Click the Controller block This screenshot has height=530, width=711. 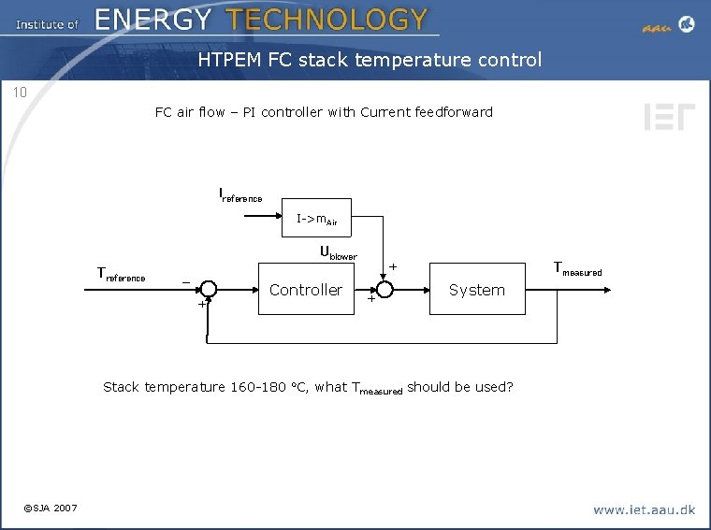pyautogui.click(x=305, y=290)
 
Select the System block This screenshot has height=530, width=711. pyautogui.click(x=476, y=290)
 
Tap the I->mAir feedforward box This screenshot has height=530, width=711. pyautogui.click(x=316, y=219)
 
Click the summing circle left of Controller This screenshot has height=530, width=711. pyautogui.click(x=209, y=290)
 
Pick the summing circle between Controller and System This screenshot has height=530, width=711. pyautogui.click(x=384, y=290)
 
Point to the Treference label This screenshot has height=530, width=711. pyautogui.click(x=122, y=274)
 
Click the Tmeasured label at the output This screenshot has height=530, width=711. pyautogui.click(x=578, y=269)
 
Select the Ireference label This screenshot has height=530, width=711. pyautogui.click(x=240, y=195)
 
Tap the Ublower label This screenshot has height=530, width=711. pyautogui.click(x=338, y=252)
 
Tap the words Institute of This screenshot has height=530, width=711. pyautogui.click(x=47, y=23)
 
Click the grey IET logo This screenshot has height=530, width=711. pyautogui.click(x=669, y=117)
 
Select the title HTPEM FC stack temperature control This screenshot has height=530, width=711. pyautogui.click(x=370, y=61)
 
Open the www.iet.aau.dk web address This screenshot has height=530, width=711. pyautogui.click(x=645, y=509)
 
